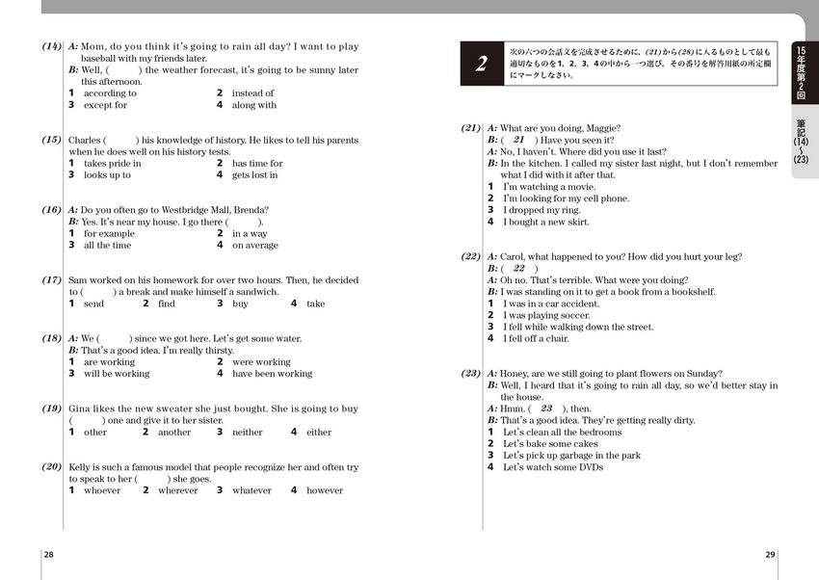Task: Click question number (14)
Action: [52, 46]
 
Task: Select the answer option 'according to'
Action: [111, 93]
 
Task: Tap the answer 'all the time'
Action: [107, 245]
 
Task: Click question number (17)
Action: [52, 280]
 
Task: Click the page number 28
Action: [49, 554]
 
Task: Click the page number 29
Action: [770, 554]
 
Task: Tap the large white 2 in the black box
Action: [482, 65]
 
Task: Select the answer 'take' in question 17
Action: [315, 303]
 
